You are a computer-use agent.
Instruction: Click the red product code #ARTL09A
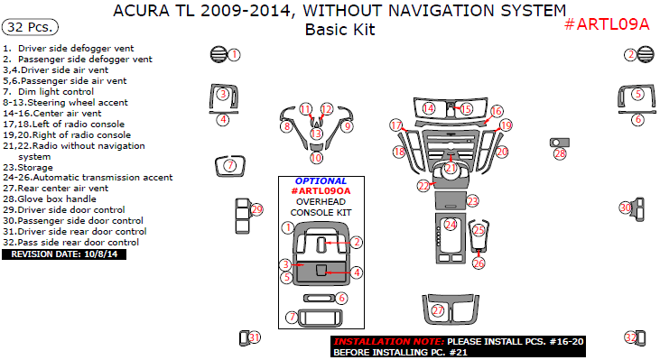(x=606, y=24)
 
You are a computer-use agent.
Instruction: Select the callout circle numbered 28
(x=560, y=154)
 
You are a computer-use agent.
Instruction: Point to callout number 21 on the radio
(x=451, y=168)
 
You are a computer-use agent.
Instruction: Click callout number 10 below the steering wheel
(x=316, y=158)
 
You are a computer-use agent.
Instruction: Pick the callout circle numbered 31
(x=255, y=337)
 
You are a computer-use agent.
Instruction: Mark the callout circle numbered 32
(x=630, y=337)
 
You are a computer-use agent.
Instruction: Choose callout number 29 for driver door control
(x=257, y=210)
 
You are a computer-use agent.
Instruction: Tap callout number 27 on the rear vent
(x=439, y=310)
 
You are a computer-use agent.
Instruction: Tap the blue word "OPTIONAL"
(x=321, y=180)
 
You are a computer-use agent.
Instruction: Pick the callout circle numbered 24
(x=450, y=224)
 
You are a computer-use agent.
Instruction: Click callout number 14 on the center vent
(x=429, y=108)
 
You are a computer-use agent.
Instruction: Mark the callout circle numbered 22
(x=423, y=186)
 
